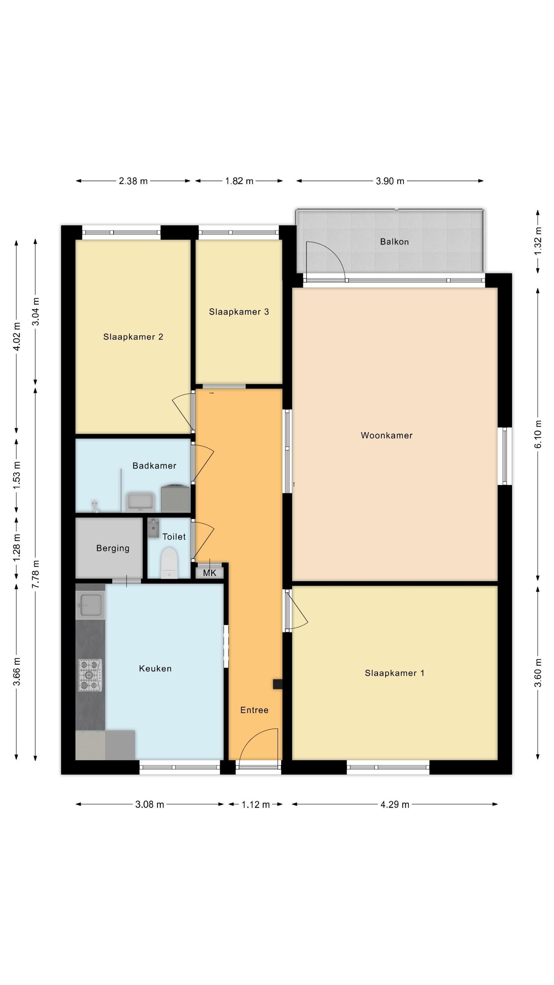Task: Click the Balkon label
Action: (394, 242)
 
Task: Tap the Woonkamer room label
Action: (387, 435)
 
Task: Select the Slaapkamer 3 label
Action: (239, 312)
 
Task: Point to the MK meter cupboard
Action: (209, 572)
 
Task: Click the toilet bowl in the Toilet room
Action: (169, 562)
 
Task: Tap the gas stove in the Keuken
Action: (90, 675)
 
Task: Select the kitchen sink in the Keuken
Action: (90, 605)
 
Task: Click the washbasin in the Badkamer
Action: (140, 502)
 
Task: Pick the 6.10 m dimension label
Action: (538, 434)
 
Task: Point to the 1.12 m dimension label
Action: (256, 804)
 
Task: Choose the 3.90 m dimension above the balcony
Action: (390, 181)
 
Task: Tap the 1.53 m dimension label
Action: (16, 474)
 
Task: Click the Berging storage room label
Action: (113, 548)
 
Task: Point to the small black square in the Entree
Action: (278, 684)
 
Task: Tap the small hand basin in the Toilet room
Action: (153, 528)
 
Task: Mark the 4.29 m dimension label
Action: (394, 804)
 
